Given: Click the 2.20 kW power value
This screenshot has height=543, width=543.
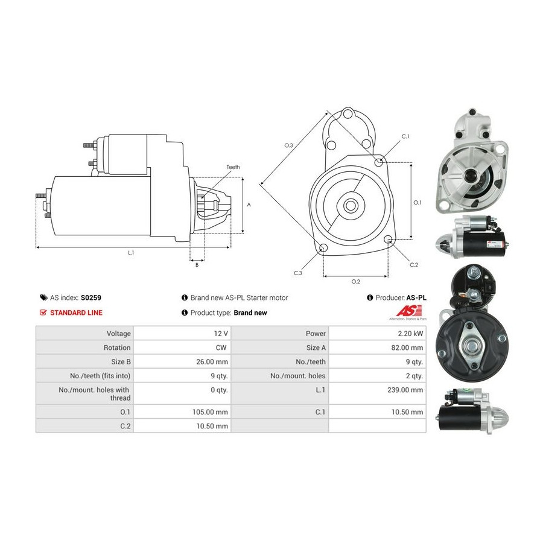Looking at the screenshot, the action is point(410,334).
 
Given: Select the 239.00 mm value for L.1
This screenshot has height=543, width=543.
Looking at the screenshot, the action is point(405,390).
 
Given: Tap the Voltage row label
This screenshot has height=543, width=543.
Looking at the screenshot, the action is point(118,334).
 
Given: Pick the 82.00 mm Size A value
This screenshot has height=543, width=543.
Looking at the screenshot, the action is point(407,348).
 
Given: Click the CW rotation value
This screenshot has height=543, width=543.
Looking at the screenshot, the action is point(221,348).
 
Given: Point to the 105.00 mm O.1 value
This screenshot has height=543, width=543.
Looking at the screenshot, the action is point(210,412).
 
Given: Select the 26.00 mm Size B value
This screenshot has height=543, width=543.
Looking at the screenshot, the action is point(212,362).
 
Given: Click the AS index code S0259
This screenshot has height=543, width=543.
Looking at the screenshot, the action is point(91,297).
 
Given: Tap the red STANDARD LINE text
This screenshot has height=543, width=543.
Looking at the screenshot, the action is point(76,313).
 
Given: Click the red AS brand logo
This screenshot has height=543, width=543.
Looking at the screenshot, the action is point(409,311).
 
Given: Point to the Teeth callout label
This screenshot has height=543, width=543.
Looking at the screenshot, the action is point(233,167).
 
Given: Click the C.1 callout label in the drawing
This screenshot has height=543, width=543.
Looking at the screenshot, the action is point(405,136).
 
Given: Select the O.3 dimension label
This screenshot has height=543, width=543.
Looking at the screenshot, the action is point(288,145).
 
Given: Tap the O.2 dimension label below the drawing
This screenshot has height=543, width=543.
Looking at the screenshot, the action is point(355,282).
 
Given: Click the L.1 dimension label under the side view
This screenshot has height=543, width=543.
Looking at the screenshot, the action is point(131,253).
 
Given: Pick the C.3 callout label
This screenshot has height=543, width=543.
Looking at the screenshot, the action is point(298,273).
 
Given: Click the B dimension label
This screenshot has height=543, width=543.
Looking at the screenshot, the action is point(197,265).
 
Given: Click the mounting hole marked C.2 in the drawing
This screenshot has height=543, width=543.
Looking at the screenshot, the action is point(388,239).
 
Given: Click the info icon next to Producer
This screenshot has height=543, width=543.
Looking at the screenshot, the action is point(370,297).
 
